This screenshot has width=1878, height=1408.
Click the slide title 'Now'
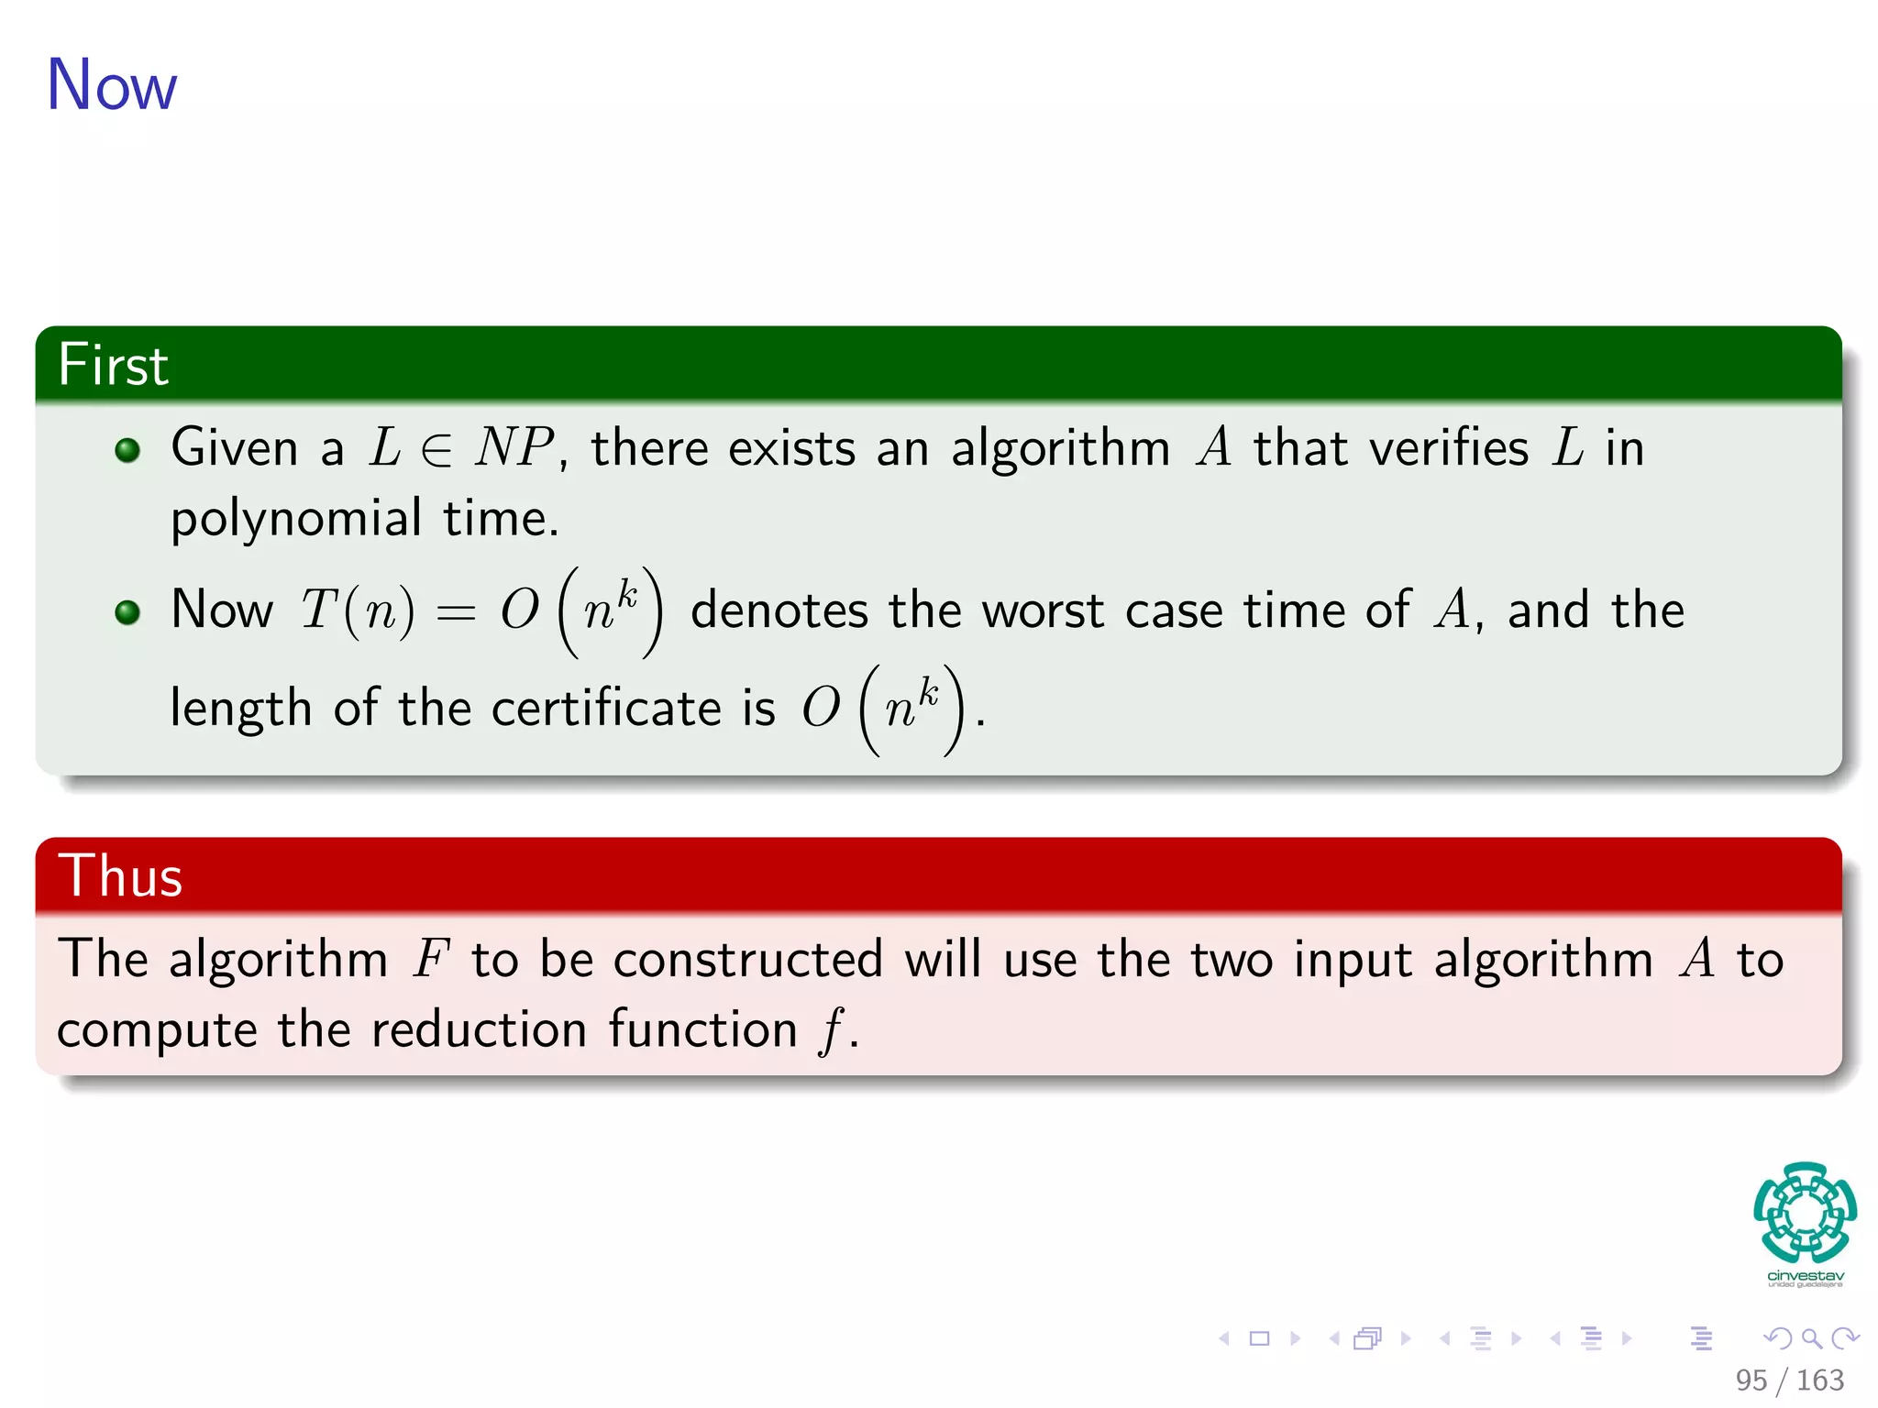click(111, 85)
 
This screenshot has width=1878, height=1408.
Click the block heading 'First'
click(113, 365)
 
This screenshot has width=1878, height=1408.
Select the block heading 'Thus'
click(120, 875)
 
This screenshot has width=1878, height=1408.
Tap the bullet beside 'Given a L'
click(127, 449)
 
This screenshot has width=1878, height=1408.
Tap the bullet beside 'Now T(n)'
click(127, 611)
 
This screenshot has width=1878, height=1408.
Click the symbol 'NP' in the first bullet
click(514, 448)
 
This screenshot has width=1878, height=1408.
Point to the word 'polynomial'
click(296, 519)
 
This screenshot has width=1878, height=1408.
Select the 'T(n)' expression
click(358, 610)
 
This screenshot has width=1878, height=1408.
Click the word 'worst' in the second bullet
click(1043, 610)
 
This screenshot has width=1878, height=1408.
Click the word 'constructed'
click(748, 959)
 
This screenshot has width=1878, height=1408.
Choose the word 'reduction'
click(479, 1029)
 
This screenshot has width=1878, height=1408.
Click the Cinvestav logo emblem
click(1805, 1213)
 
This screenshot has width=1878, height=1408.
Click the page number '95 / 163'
click(1789, 1380)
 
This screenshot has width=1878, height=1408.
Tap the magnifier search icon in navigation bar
click(1811, 1338)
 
